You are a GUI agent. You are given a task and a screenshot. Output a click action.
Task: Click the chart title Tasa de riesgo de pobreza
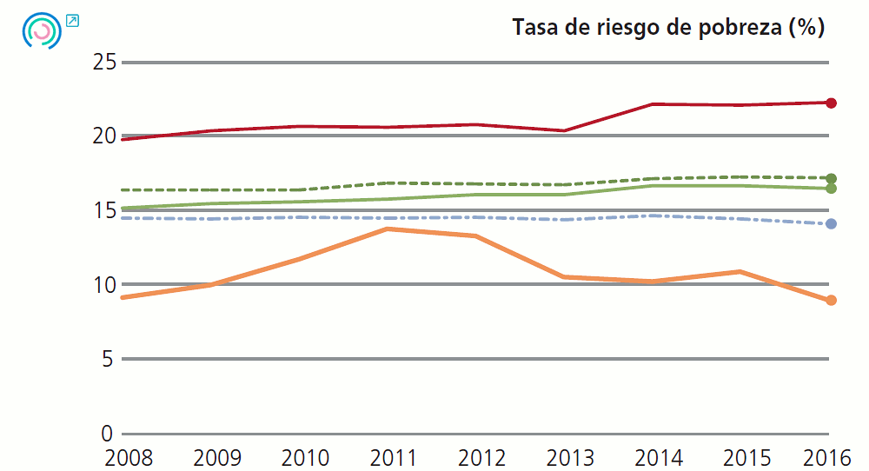667,28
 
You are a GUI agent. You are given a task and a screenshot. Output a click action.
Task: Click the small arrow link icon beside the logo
72,20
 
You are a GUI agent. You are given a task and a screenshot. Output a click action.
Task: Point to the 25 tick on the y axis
103,63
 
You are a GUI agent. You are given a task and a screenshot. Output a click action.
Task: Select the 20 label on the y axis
103,136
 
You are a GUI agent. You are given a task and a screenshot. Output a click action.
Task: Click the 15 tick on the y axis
103,211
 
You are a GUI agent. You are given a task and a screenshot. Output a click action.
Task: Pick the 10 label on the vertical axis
103,285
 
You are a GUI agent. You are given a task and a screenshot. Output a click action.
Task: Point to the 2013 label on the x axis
567,457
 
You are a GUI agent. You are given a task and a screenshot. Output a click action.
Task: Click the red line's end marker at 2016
831,103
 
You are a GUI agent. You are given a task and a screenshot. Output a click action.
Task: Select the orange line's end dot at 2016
831,301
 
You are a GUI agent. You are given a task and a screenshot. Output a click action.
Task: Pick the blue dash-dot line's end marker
831,224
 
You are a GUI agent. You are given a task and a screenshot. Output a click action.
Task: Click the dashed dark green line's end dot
831,178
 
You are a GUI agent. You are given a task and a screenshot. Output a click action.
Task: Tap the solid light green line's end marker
831,189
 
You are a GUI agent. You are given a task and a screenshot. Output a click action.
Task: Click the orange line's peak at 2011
387,229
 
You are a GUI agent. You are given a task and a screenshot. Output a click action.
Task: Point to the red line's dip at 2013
565,130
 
